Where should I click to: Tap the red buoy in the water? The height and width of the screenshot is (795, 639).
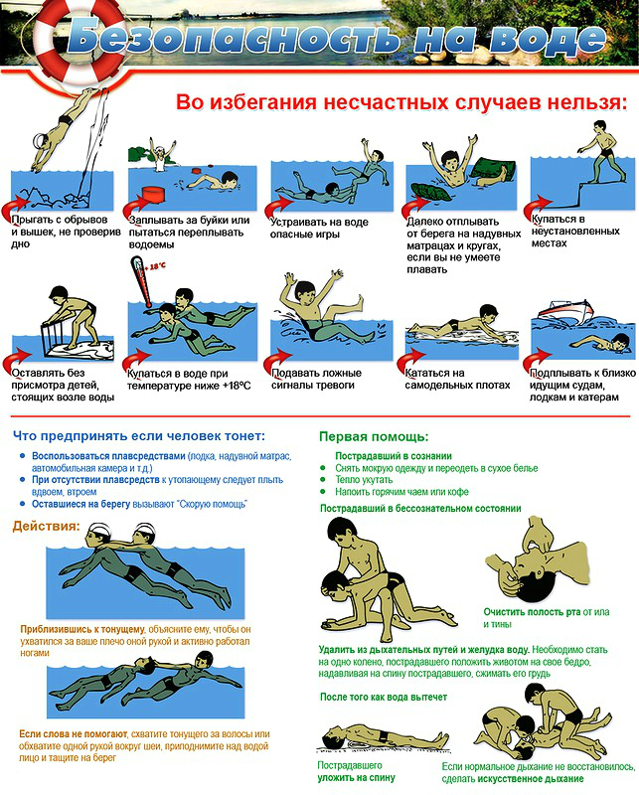click(152, 196)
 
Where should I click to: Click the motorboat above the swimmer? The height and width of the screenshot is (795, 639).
click(566, 309)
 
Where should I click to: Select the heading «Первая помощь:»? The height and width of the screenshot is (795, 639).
click(374, 436)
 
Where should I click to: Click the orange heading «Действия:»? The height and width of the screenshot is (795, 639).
click(46, 526)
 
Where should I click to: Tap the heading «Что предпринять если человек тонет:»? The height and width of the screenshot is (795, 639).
click(139, 436)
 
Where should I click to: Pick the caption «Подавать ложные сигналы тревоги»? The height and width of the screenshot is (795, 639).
click(316, 379)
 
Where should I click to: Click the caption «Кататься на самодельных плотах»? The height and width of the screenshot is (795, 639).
click(457, 379)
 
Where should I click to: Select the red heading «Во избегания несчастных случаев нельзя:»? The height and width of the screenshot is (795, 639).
click(401, 102)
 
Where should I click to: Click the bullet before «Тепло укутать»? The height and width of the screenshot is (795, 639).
click(323, 479)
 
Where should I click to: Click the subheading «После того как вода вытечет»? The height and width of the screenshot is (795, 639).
click(384, 697)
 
